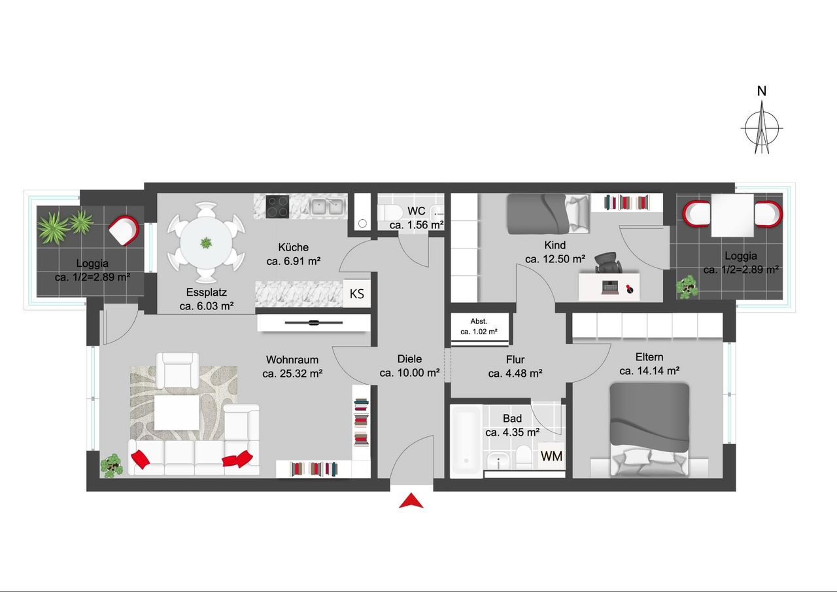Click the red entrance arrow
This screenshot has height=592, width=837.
(x=411, y=502)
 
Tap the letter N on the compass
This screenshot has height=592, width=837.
(x=762, y=91)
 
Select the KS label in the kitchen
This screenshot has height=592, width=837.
(x=356, y=294)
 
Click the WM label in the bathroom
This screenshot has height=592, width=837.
(x=551, y=456)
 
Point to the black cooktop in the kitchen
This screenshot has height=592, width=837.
(x=277, y=206)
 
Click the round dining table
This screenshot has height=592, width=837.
(x=206, y=243)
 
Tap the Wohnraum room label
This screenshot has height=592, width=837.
(x=292, y=360)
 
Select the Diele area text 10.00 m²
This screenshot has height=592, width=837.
(x=409, y=373)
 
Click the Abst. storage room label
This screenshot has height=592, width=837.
(x=479, y=321)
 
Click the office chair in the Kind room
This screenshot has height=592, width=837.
(x=608, y=262)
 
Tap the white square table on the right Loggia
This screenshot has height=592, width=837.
(x=732, y=215)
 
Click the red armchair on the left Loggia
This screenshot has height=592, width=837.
(x=124, y=231)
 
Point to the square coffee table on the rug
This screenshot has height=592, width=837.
(x=177, y=413)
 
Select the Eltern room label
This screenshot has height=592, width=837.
(x=649, y=357)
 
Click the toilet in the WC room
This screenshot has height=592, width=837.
(x=390, y=213)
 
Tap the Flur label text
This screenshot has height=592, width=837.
(x=515, y=360)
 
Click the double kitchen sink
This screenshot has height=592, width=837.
(x=328, y=207)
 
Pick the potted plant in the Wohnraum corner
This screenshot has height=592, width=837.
(x=111, y=466)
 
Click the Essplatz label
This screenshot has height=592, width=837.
(x=206, y=292)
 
